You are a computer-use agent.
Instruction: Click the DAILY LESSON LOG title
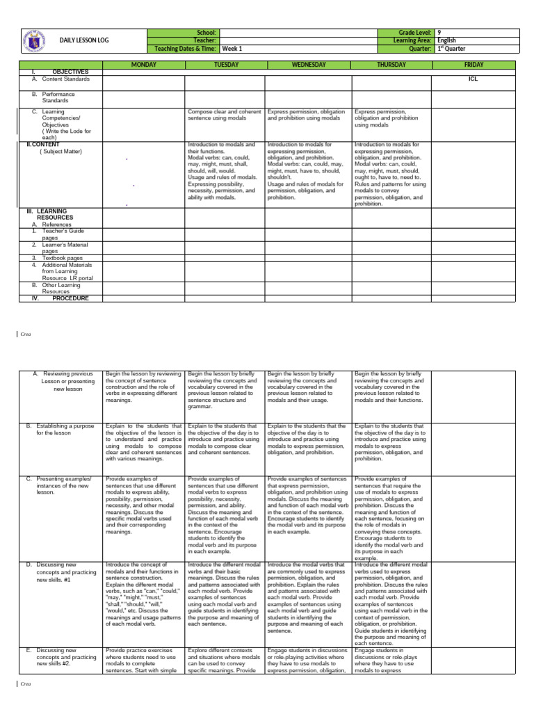pyautogui.click(x=86, y=41)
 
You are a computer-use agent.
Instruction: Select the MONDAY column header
pyautogui.click(x=143, y=65)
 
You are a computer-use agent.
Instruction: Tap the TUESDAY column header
pyautogui.click(x=226, y=65)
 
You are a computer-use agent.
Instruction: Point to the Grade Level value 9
pyautogui.click(x=439, y=33)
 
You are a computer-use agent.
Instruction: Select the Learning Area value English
pyautogui.click(x=447, y=41)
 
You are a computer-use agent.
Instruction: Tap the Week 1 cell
pyautogui.click(x=232, y=49)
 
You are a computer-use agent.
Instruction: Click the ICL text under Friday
pyautogui.click(x=474, y=79)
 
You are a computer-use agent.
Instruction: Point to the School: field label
pyautogui.click(x=208, y=33)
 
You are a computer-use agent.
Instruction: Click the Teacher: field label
pyautogui.click(x=207, y=41)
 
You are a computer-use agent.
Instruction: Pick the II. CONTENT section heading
pyautogui.click(x=43, y=145)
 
